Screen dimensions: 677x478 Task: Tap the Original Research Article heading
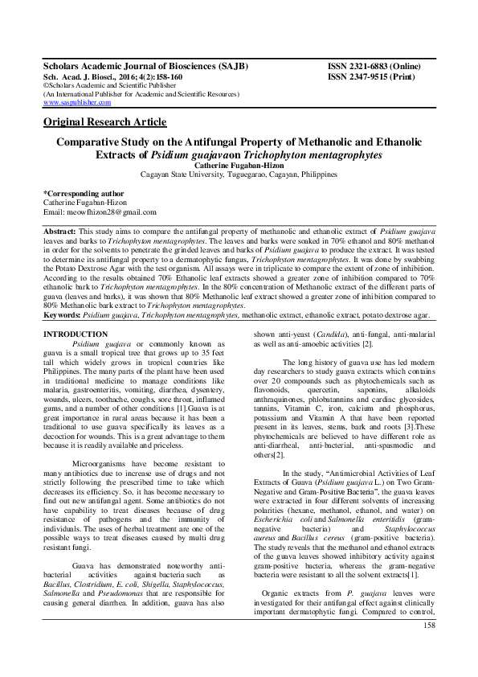click(104, 122)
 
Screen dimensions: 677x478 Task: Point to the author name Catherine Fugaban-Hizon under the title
click(239, 166)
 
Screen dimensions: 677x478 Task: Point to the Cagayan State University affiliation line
click(239, 175)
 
